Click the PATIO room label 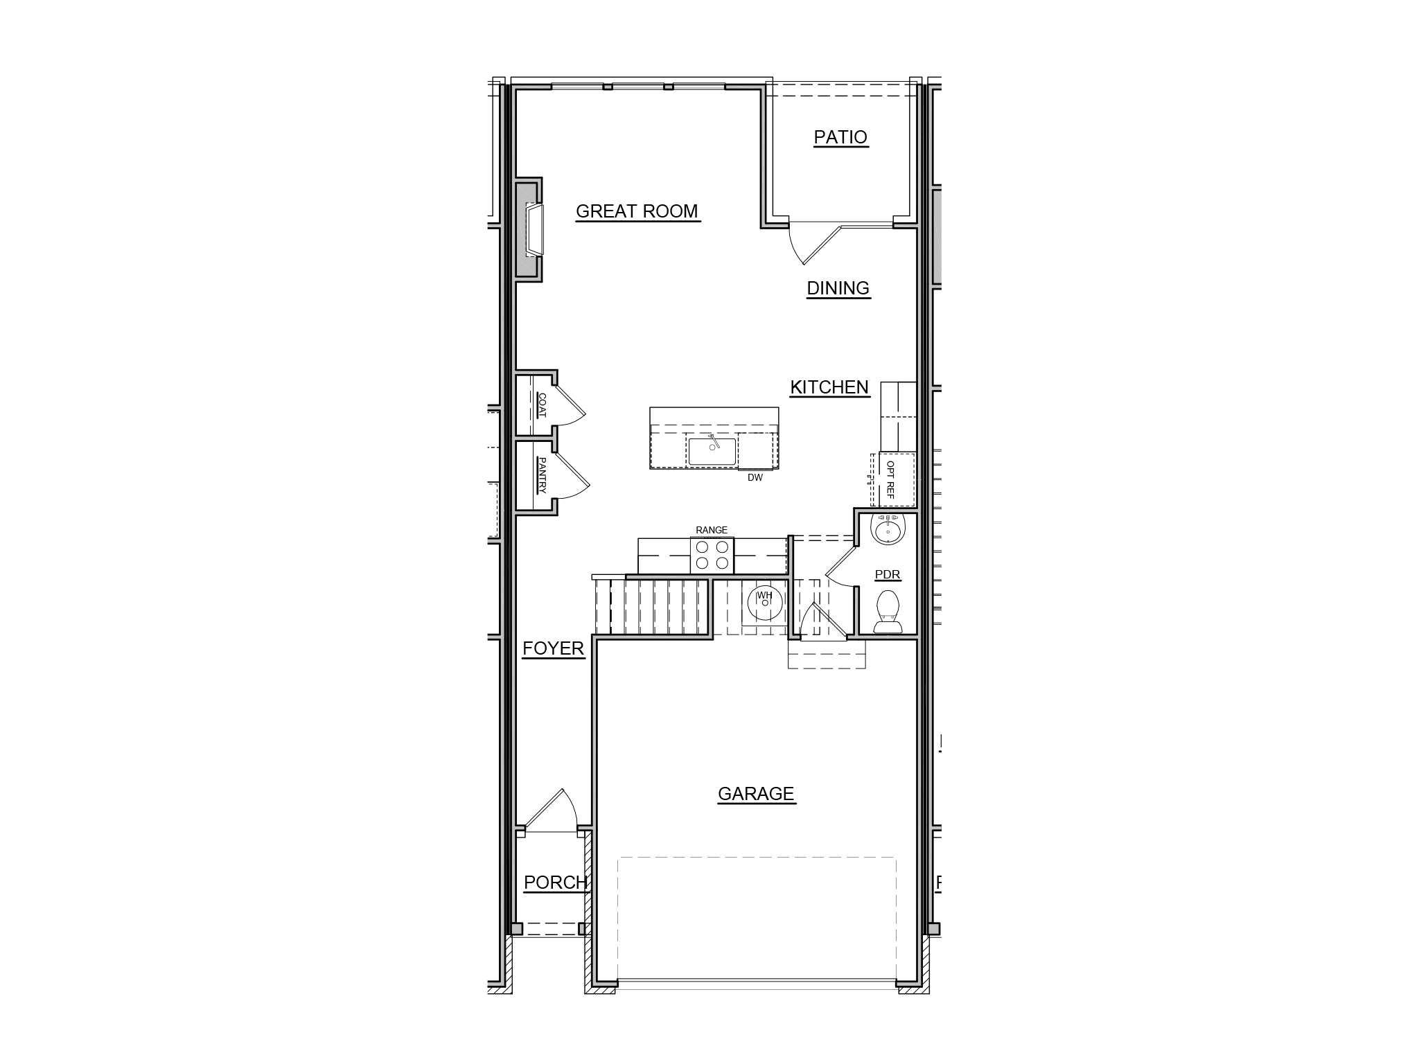840,137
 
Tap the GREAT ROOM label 637,211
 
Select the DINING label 838,288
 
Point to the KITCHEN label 829,387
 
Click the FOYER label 554,648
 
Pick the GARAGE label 756,794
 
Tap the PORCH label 556,883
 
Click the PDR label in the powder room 888,575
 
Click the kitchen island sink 712,451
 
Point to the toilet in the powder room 888,612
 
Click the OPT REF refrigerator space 897,479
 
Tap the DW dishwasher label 755,477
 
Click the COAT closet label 542,405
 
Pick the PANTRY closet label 542,475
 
